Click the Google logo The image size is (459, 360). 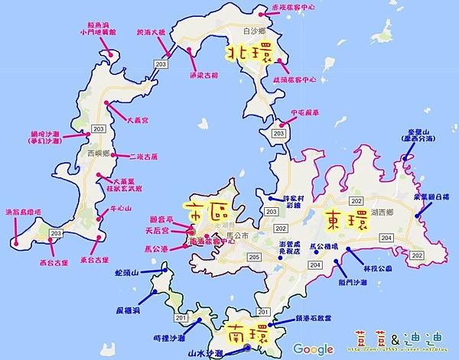(x=314, y=349)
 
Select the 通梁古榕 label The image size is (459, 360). (x=203, y=76)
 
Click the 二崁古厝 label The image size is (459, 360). (x=144, y=156)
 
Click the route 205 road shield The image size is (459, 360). (x=253, y=257)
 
